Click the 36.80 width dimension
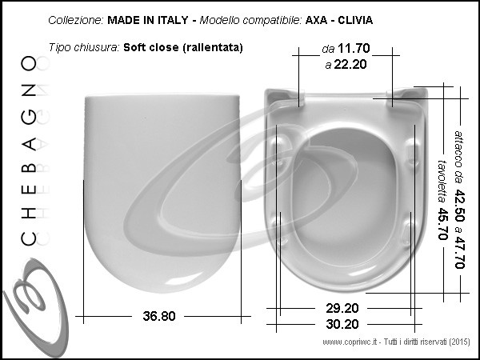coord(159,316)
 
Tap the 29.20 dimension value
coord(342,308)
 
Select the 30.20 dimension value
coord(342,324)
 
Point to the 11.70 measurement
coord(354,48)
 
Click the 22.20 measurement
coord(350,64)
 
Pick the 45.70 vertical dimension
coord(442,224)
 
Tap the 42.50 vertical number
coord(459,206)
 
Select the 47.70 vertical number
coord(459,252)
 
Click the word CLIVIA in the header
coord(355,20)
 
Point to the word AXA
coord(317,20)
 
